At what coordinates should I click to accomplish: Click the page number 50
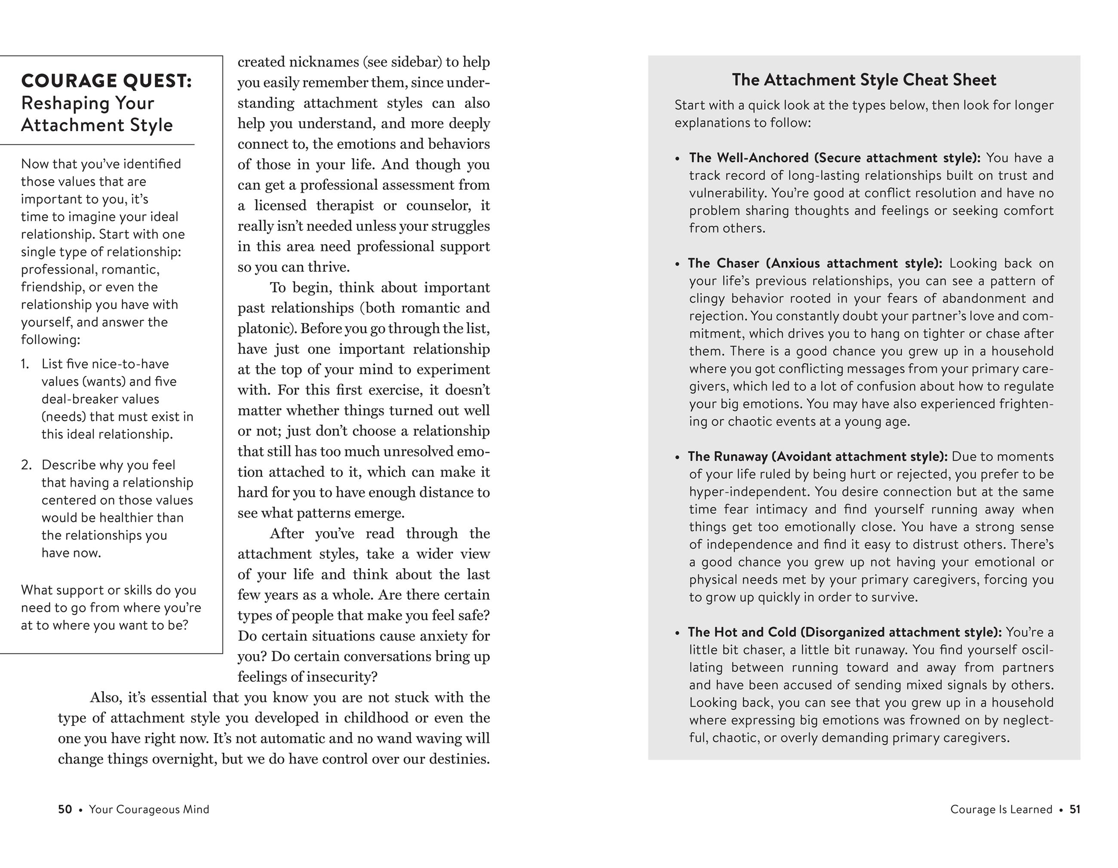65,809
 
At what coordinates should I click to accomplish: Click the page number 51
1075,809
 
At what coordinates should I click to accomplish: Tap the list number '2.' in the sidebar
27,465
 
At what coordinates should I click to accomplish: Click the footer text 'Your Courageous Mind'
149,809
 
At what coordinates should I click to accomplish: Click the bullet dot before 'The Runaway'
677,457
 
